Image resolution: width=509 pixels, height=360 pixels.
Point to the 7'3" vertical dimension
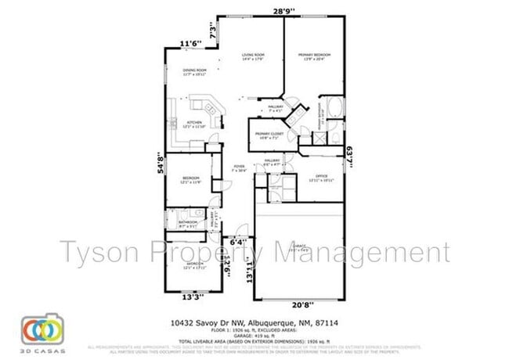point(212,33)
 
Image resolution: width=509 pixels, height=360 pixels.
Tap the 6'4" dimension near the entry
point(238,243)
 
